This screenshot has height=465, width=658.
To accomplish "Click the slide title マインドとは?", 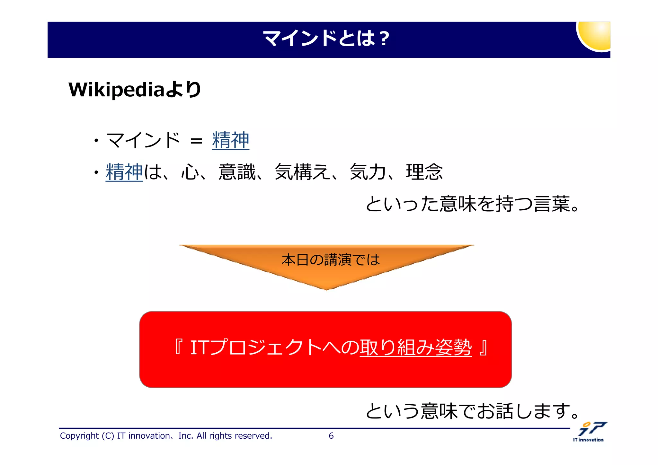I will [326, 39].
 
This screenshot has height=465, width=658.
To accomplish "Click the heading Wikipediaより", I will [135, 90].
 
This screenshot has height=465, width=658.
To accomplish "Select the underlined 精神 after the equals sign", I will [230, 140].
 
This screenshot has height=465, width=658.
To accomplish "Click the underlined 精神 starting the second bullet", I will [124, 172].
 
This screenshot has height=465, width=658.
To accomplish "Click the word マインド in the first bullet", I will [143, 140].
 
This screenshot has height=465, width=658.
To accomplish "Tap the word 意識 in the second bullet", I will [237, 172].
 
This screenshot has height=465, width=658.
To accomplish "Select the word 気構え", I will [302, 172].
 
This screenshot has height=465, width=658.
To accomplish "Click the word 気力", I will [368, 172].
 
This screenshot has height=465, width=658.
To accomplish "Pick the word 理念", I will [424, 172].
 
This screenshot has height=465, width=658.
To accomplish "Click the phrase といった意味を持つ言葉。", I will [472, 204].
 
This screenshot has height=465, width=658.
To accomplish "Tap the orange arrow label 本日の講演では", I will [331, 260].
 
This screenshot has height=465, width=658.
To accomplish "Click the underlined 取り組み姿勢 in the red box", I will [415, 347].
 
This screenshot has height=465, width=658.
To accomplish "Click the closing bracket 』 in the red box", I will [483, 347].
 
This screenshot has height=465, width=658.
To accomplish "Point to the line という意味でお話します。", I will [472, 411].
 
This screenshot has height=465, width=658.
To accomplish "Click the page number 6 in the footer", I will [331, 436].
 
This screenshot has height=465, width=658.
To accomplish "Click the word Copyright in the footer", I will [79, 436].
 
